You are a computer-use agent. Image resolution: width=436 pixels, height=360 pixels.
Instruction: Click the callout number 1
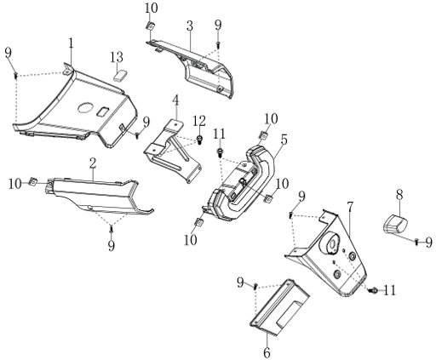[71, 43]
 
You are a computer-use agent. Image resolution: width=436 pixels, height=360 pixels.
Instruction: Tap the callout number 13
[117, 57]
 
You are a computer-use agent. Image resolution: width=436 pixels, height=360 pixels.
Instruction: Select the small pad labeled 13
[120, 76]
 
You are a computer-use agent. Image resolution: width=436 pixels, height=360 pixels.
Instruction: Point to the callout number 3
[190, 26]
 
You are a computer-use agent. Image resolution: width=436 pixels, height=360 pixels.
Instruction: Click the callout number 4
[176, 100]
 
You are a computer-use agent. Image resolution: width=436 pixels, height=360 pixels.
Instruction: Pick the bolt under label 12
[199, 140]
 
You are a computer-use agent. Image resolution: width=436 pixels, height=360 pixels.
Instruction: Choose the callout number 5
[284, 140]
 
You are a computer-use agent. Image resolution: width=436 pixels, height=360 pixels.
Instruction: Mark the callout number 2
[93, 163]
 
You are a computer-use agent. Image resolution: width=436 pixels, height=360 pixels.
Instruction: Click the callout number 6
[267, 353]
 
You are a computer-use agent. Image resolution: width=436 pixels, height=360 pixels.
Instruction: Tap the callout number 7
[350, 208]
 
